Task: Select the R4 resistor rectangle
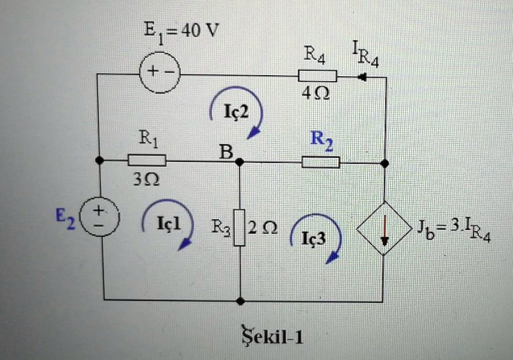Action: pos(317,76)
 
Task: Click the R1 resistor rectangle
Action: pos(147,160)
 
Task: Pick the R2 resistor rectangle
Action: pos(321,162)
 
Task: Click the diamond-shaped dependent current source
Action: pos(384,228)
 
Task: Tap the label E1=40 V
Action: pos(181,32)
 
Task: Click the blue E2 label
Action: pos(65,219)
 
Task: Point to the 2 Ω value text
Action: pos(263,228)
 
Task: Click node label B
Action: pos(227,151)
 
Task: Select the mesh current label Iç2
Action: pos(235,113)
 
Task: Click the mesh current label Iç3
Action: pos(314,239)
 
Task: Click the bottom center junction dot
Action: pos(240,301)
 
